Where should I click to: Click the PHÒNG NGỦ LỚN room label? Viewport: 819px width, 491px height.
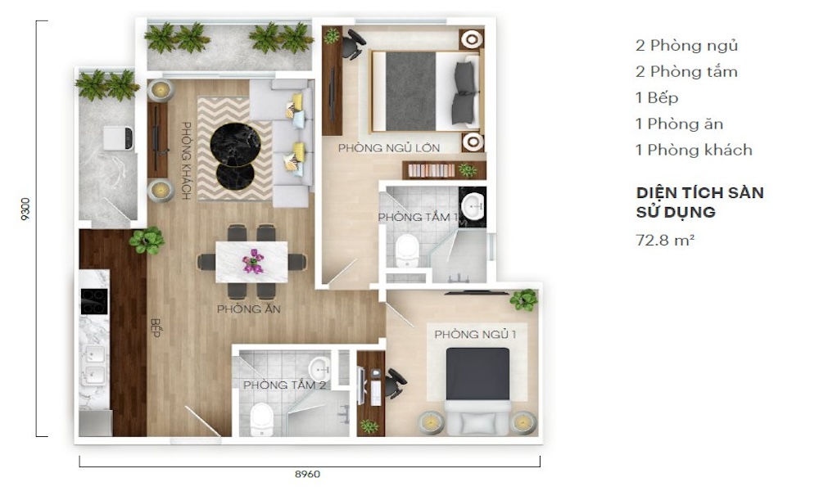[x=388, y=147]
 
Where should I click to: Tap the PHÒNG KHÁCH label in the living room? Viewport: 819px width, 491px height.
[x=186, y=160]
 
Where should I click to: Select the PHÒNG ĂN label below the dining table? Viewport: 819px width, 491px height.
[x=249, y=309]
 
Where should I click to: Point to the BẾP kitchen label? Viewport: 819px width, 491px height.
[x=155, y=327]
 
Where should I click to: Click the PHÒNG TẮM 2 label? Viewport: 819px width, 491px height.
[x=285, y=385]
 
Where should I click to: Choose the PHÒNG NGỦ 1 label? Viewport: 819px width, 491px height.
[x=475, y=334]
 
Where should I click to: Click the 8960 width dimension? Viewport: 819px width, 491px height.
[x=307, y=474]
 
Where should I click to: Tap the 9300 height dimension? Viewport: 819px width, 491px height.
[x=25, y=209]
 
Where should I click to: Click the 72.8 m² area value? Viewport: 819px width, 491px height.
[x=665, y=240]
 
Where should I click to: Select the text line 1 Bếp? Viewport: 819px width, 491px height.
[x=657, y=97]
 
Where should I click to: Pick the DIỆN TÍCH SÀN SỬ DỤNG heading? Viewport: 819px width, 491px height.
[x=700, y=202]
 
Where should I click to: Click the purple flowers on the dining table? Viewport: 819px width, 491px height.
[x=253, y=261]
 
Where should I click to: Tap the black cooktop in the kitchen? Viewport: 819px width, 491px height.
[x=94, y=302]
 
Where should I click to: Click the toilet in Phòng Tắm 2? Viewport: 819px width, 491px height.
[x=261, y=419]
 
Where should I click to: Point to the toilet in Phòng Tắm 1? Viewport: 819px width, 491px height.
[x=406, y=250]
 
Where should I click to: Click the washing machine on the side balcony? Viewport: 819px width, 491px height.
[x=118, y=137]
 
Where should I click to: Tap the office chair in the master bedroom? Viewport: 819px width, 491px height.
[x=353, y=44]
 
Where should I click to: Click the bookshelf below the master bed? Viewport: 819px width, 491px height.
[x=444, y=170]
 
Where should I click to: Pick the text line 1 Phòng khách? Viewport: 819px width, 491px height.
[x=695, y=150]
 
